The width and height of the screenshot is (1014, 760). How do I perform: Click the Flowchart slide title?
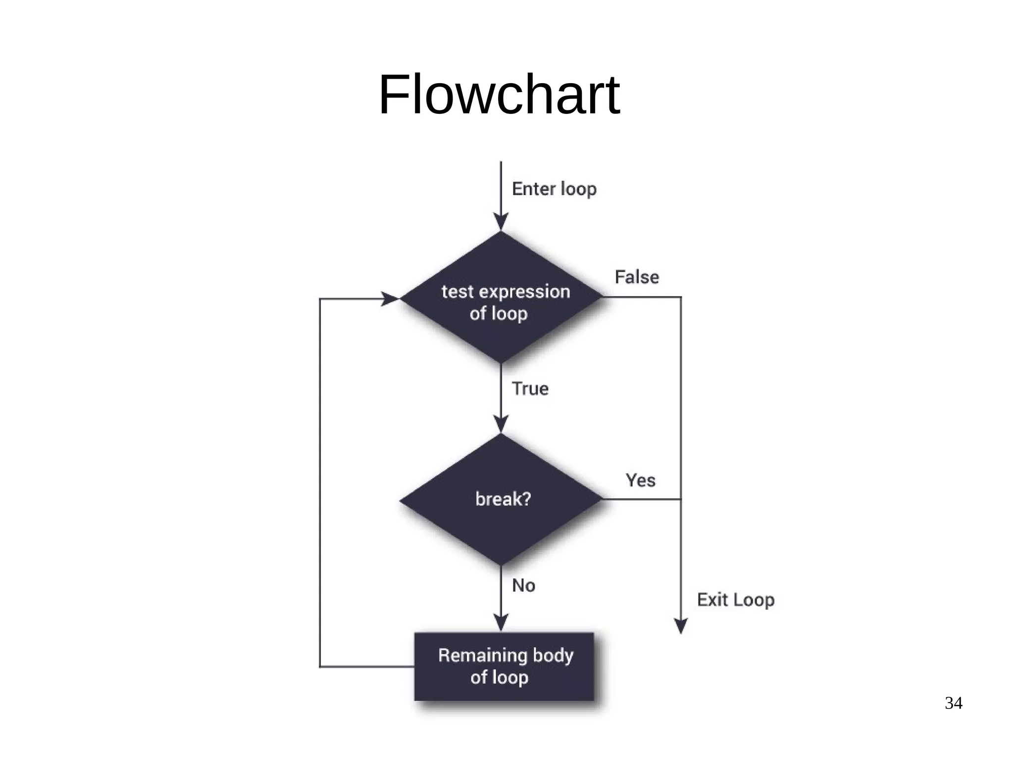click(499, 95)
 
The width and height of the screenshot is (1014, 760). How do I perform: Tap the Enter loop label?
click(554, 189)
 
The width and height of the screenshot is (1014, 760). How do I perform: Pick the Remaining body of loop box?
click(504, 666)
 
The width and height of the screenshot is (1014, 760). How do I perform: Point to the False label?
click(637, 277)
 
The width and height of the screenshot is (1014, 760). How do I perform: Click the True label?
click(530, 389)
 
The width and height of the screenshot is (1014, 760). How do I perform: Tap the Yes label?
click(640, 480)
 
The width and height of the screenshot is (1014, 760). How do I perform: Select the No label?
click(523, 585)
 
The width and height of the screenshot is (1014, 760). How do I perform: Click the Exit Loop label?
click(735, 600)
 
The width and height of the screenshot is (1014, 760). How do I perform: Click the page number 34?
click(953, 703)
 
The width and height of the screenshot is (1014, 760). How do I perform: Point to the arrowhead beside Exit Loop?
click(681, 626)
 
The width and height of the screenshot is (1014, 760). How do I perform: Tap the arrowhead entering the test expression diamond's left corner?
click(390, 299)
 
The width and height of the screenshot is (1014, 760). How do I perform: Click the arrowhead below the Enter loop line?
click(501, 222)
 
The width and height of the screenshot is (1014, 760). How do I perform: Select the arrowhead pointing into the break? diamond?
click(501, 424)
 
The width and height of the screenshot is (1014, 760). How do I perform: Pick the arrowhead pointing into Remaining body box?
click(501, 622)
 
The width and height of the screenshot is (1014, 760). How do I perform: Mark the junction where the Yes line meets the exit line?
click(681, 499)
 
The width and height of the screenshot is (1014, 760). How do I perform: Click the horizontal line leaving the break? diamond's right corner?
click(641, 499)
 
